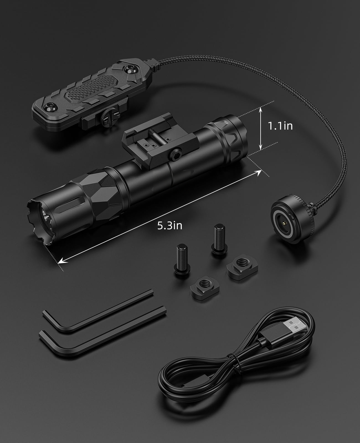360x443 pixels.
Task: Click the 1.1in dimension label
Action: pyautogui.click(x=280, y=126)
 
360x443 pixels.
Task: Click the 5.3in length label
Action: pyautogui.click(x=170, y=226)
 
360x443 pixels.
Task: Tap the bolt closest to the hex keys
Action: pyautogui.click(x=182, y=260)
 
